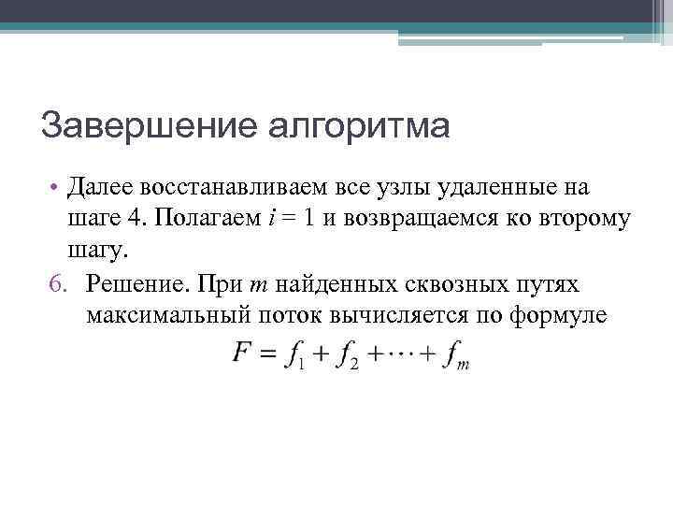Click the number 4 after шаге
pos(134,220)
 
